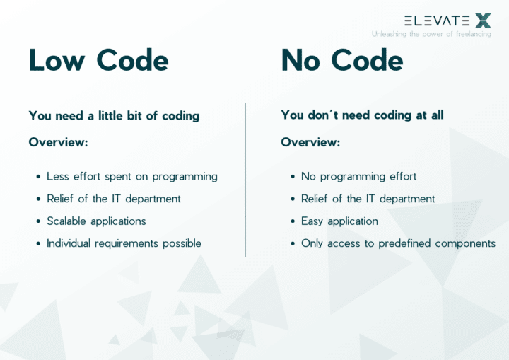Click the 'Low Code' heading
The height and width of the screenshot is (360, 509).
tap(98, 61)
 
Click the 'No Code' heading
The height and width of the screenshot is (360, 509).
tap(342, 61)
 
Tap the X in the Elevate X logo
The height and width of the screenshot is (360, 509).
tap(483, 21)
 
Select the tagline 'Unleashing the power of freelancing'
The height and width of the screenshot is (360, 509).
tap(431, 34)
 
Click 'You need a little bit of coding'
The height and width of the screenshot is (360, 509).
tap(114, 115)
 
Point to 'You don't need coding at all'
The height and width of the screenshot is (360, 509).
tap(362, 115)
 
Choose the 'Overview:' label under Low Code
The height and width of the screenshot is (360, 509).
tap(58, 142)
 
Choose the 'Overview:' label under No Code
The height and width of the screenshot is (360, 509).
tap(310, 142)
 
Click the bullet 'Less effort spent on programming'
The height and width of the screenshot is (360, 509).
tap(132, 176)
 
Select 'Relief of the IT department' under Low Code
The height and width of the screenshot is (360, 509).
tap(114, 199)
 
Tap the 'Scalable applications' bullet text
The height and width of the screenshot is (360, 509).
tap(96, 221)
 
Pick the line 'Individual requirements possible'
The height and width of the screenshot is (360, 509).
tap(124, 243)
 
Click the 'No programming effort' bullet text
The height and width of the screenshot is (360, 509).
tap(358, 176)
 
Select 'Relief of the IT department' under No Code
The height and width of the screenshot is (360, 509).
tap(368, 199)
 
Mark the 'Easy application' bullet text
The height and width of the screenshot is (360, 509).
tap(339, 221)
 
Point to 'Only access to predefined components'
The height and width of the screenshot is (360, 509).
tap(398, 243)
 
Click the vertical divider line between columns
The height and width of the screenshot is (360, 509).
tap(245, 180)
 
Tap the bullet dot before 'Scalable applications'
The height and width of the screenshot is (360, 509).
tap(37, 221)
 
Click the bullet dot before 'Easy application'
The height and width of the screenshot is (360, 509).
tap(292, 221)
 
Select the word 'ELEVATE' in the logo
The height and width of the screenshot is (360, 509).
tap(436, 21)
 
